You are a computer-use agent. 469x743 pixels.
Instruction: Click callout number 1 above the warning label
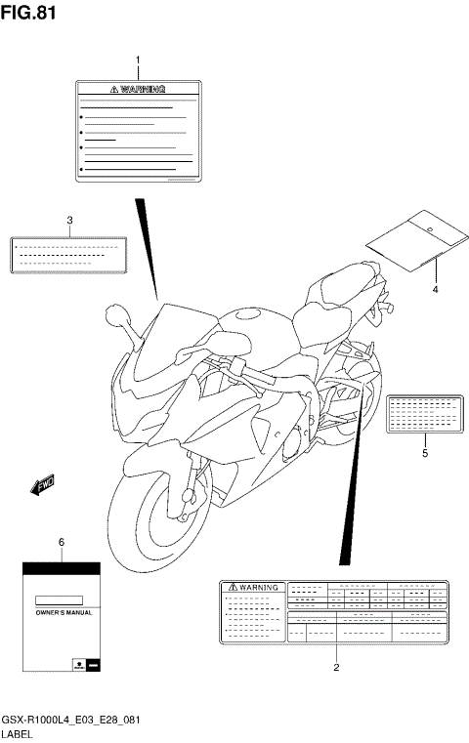pyautogui.click(x=138, y=61)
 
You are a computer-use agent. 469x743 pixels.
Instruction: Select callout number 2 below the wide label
pyautogui.click(x=335, y=668)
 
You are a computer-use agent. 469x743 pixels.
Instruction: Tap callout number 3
pyautogui.click(x=70, y=220)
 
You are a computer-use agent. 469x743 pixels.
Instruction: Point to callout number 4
pyautogui.click(x=436, y=289)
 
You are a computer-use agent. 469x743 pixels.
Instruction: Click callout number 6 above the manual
pyautogui.click(x=61, y=541)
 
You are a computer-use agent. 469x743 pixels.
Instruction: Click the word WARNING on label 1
pyautogui.click(x=147, y=88)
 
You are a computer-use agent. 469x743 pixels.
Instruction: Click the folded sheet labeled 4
pyautogui.click(x=415, y=244)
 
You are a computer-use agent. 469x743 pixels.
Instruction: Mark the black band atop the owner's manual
pyautogui.click(x=61, y=567)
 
